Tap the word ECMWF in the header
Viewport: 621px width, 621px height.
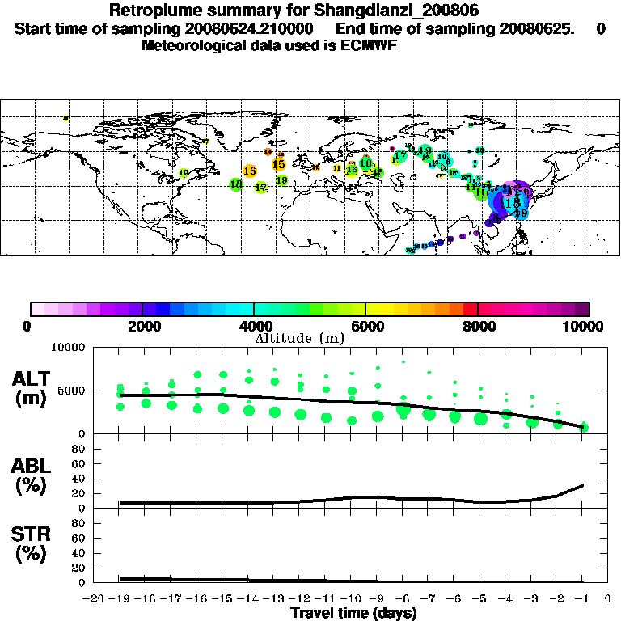click(x=370, y=44)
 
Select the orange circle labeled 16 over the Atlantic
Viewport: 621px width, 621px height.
click(x=250, y=171)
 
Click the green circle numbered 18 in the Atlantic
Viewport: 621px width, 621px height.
click(x=236, y=184)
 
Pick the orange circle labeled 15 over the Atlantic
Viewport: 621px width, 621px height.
click(x=279, y=164)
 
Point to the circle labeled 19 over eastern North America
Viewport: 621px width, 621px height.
click(x=184, y=173)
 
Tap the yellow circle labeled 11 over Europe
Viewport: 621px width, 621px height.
click(x=337, y=168)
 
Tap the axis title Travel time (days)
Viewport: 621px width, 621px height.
click(x=353, y=613)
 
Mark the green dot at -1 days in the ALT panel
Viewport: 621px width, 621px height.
click(x=583, y=427)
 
